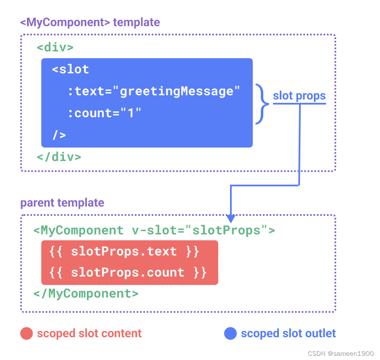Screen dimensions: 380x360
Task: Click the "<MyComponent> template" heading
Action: [90, 22]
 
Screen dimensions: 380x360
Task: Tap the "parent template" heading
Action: [62, 203]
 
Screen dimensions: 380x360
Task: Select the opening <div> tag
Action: [55, 47]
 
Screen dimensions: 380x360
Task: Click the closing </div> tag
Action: [59, 157]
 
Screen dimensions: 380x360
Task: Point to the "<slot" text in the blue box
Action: [70, 69]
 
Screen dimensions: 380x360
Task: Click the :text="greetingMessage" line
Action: [153, 91]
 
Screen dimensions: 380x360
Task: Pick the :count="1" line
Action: [104, 113]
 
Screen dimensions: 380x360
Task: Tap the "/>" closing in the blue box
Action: [59, 135]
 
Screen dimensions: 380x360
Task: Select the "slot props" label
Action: [299, 96]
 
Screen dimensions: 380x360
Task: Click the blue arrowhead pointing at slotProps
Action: [230, 218]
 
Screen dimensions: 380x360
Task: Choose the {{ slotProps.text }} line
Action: [124, 252]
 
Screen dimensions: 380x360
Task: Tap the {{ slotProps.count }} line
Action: [128, 273]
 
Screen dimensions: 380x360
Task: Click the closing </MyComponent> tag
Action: [86, 293]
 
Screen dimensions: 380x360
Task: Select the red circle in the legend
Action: [27, 334]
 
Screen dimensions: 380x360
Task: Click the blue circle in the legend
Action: [230, 334]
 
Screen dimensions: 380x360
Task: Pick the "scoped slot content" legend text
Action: [89, 334]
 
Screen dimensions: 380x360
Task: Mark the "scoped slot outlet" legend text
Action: [288, 334]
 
